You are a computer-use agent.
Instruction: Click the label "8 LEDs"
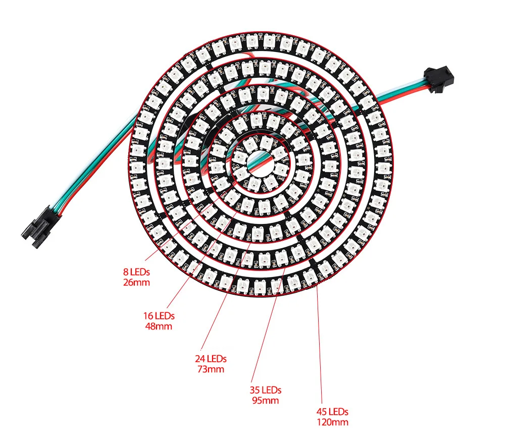coord(137,272)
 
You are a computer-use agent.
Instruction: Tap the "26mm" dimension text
coord(137,282)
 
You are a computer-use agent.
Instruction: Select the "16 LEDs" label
coord(159,316)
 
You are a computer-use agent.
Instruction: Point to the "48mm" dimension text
coord(159,326)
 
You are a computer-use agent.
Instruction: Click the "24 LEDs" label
coord(211,359)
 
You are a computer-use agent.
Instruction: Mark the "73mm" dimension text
coord(211,369)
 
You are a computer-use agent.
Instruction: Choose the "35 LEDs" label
coord(265,390)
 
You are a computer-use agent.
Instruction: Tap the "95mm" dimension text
coord(265,400)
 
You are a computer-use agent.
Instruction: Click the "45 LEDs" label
coord(332,412)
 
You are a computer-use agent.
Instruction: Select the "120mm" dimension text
coord(332,422)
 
